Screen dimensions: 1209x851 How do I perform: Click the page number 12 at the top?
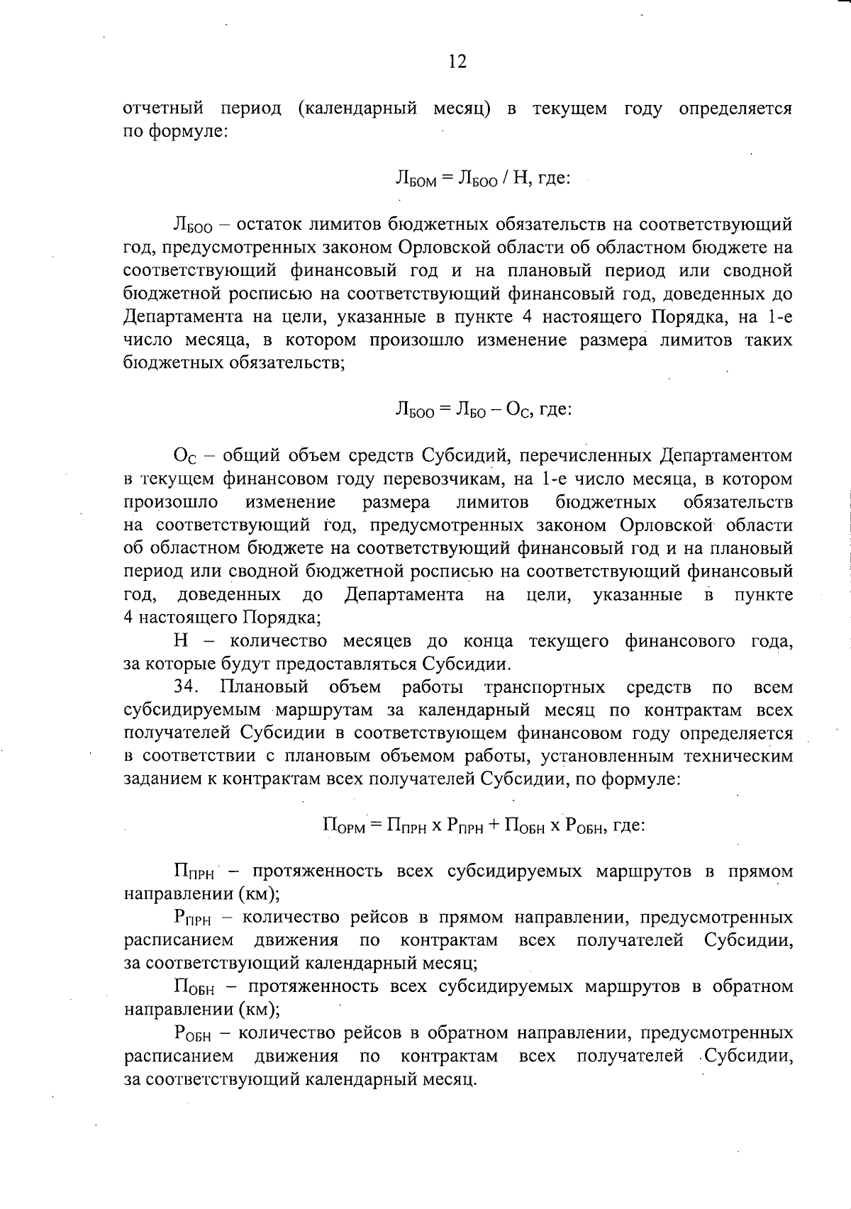[457, 62]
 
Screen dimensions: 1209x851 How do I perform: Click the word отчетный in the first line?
[164, 109]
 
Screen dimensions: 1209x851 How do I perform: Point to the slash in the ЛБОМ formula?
[503, 179]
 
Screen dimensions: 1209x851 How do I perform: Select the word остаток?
[273, 225]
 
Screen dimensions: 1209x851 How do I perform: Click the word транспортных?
[544, 687]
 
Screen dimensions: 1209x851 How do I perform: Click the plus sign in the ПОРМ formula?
[494, 826]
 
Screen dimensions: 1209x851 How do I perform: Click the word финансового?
[680, 641]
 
